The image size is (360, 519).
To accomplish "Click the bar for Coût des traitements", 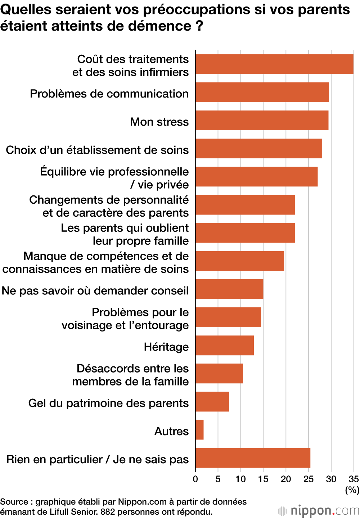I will point(274,64).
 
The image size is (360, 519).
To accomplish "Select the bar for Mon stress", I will point(262,120).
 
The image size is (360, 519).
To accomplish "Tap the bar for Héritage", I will point(225,346).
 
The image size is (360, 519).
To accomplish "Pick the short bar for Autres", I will point(199,430).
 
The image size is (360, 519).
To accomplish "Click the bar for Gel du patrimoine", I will point(212,402).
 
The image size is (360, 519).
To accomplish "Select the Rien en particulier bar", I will point(253,458).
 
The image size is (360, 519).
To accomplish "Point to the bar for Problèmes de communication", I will point(262,92).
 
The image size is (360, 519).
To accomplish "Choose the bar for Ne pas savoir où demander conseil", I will point(229,289).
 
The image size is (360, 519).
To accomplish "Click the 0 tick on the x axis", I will point(195,479).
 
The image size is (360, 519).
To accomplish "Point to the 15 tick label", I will point(263,479).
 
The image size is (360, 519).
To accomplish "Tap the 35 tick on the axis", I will point(354,479).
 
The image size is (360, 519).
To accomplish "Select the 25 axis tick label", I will point(309,479).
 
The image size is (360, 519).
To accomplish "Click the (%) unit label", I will point(352,490).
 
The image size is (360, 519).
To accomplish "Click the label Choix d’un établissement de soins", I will point(97,150).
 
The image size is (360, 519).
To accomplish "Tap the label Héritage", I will point(166,347).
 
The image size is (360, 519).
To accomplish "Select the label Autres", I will point(171,431).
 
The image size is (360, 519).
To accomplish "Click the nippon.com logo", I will point(319,511).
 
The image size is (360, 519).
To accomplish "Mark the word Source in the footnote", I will point(14,502).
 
